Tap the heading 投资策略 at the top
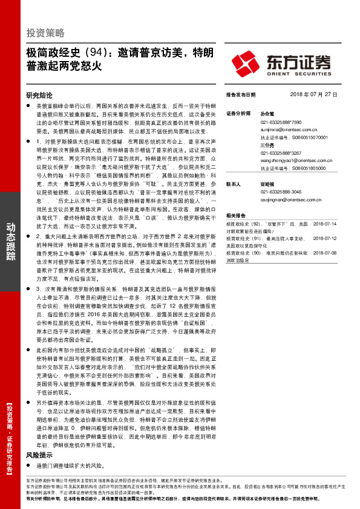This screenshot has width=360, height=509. [45, 32]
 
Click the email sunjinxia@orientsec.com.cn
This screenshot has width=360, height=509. [281, 129]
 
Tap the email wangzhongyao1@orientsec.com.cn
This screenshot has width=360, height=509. [286, 161]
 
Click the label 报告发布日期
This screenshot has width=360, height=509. [240, 95]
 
